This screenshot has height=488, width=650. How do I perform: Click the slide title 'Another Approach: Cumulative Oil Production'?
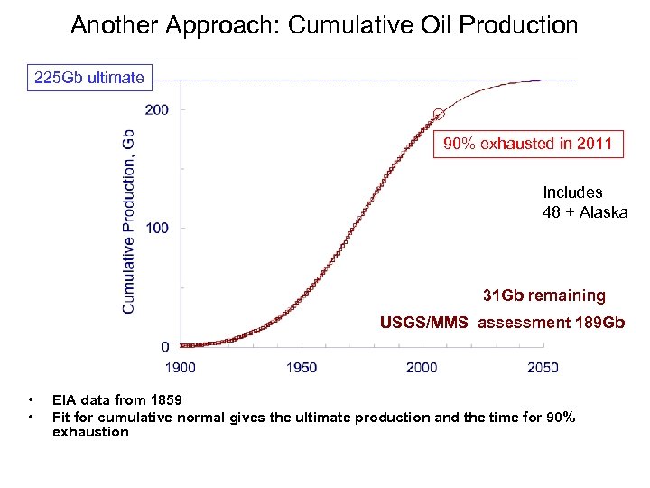click(324, 25)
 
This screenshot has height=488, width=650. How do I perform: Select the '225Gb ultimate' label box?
click(88, 78)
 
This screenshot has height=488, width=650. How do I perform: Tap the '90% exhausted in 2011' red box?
click(528, 144)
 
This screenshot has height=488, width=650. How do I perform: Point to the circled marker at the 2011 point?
click(439, 114)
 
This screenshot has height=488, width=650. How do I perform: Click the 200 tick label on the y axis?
click(156, 110)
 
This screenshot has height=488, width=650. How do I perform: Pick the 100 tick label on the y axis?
click(156, 228)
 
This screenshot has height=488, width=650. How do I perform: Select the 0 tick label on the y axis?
click(164, 347)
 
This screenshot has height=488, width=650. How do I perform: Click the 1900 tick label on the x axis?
click(181, 367)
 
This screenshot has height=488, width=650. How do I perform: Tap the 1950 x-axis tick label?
click(302, 367)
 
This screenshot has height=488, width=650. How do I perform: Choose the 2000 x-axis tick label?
click(422, 367)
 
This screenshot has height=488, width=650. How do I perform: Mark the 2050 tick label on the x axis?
click(542, 367)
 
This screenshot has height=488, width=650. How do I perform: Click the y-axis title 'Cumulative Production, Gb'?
click(129, 221)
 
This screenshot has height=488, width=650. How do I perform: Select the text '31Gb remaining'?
click(544, 296)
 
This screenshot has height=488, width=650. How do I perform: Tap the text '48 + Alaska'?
click(585, 212)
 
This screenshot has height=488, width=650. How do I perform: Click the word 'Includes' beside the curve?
click(572, 192)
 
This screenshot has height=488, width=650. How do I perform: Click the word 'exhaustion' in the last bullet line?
click(90, 432)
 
